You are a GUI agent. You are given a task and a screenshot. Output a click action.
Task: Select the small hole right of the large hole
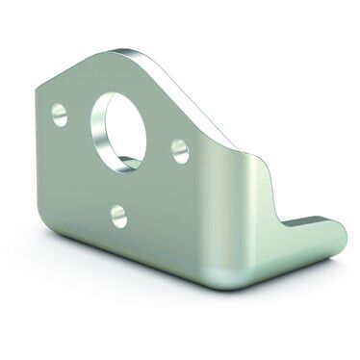coord(179,149)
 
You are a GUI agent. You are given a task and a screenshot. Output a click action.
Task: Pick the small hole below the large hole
coord(118,214)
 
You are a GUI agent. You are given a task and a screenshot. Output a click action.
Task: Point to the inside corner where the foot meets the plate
coord(279,217)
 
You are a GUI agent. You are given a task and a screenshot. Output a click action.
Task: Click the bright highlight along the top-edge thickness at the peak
coord(144,50)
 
